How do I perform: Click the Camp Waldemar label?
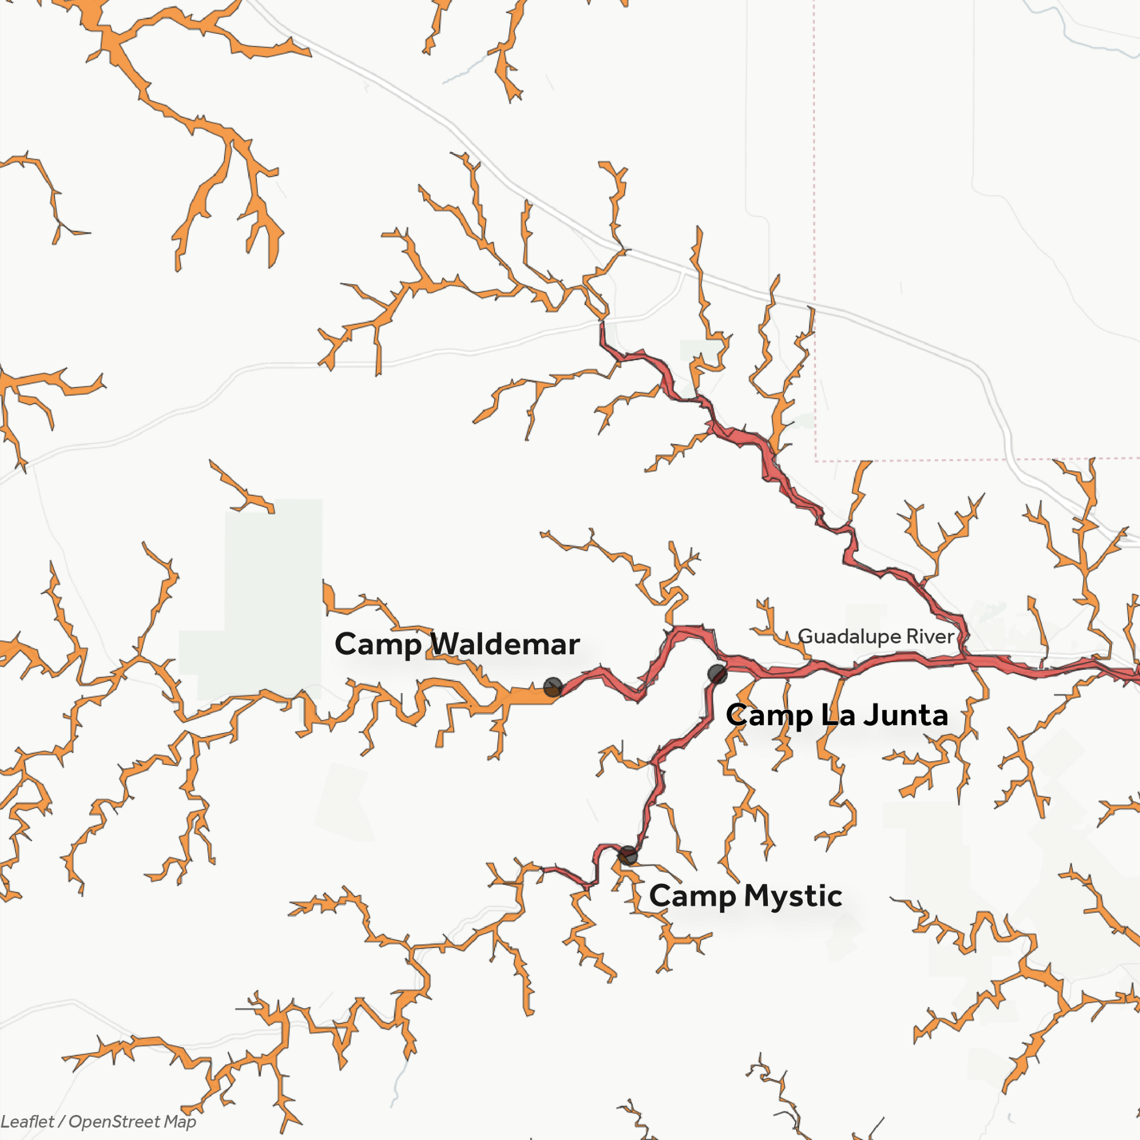[x=457, y=644]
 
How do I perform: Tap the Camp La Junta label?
[x=837, y=715]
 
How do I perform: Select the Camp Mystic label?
[x=745, y=895]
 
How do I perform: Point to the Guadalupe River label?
[x=876, y=636]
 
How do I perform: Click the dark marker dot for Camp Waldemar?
[x=552, y=687]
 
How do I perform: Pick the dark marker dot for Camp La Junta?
[x=717, y=673]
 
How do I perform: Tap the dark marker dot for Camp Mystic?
[x=628, y=854]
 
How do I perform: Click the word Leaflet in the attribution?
[x=27, y=1122]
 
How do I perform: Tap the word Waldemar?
[x=504, y=644]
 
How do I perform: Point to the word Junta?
[x=906, y=715]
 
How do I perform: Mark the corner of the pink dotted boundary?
[x=816, y=459]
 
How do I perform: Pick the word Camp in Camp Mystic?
[x=692, y=895]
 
